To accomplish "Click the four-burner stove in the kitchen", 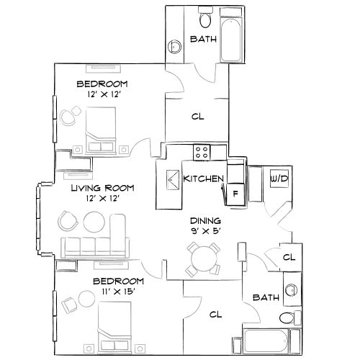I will [202, 152].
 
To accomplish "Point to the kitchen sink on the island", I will [174, 179].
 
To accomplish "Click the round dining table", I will [202, 256].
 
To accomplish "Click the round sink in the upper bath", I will [175, 48].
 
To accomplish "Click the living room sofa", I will [94, 247].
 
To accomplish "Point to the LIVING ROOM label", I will [101, 188].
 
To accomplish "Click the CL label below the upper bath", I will [197, 116].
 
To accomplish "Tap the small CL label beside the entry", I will [288, 257].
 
